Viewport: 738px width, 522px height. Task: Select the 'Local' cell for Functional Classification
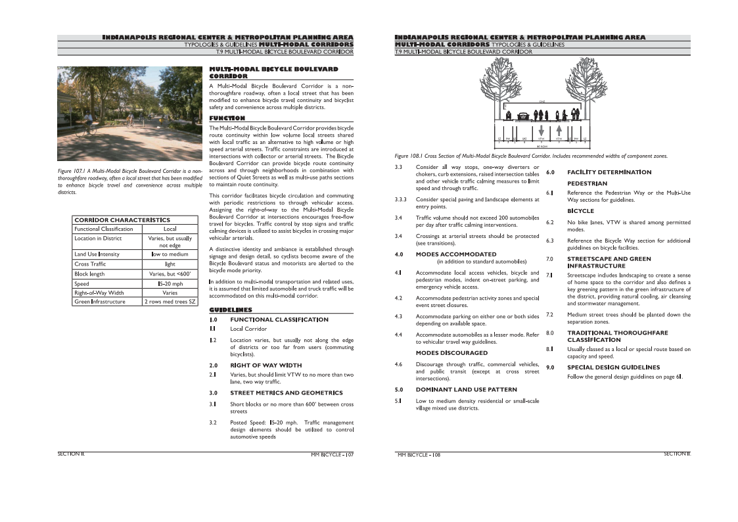click(170, 229)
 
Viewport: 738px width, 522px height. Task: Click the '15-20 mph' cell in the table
click(170, 284)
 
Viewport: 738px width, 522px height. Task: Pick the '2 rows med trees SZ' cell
click(170, 302)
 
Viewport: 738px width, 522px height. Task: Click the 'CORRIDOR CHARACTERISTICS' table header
click(122, 220)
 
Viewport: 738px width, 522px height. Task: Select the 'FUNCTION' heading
click(227, 118)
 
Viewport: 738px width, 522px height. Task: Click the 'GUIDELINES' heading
click(230, 309)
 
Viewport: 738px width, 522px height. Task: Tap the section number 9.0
click(551, 368)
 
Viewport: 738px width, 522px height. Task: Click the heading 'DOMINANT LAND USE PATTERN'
click(466, 389)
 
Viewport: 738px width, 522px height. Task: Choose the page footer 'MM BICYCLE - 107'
click(332, 454)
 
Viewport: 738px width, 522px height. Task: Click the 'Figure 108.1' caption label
click(409, 156)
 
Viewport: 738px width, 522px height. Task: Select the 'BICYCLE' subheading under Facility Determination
click(580, 211)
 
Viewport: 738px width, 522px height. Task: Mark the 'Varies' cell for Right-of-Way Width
click(170, 293)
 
